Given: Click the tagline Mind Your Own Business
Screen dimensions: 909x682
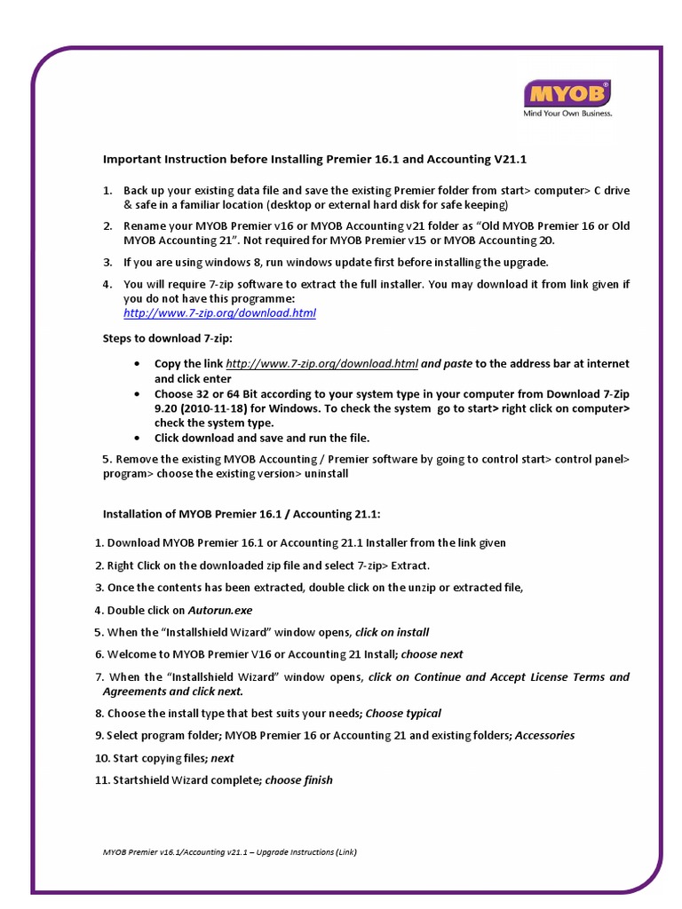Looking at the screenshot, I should click(567, 114).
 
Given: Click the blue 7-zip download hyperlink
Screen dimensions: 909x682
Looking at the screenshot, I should click(219, 313).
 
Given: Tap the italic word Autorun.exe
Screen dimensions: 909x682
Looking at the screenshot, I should click(220, 610).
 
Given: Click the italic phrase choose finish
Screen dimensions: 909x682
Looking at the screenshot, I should click(299, 779).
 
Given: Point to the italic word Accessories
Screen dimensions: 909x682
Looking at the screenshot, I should click(544, 735).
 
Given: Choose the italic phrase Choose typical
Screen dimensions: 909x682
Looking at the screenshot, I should click(403, 713).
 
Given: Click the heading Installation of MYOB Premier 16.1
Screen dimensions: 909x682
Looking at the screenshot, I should click(242, 513).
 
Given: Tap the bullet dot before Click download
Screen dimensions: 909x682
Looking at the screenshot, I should click(136, 439).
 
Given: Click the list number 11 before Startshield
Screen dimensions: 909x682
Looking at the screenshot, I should click(100, 779).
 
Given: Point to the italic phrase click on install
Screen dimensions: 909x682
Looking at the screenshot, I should click(392, 632).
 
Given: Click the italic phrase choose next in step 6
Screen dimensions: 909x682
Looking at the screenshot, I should click(432, 654).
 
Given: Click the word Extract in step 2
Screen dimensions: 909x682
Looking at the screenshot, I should click(410, 565).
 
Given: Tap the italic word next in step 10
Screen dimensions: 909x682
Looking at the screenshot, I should click(223, 758).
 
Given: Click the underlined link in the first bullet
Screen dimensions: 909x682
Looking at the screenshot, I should click(322, 364).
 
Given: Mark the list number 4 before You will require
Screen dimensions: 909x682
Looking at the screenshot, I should click(107, 284).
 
